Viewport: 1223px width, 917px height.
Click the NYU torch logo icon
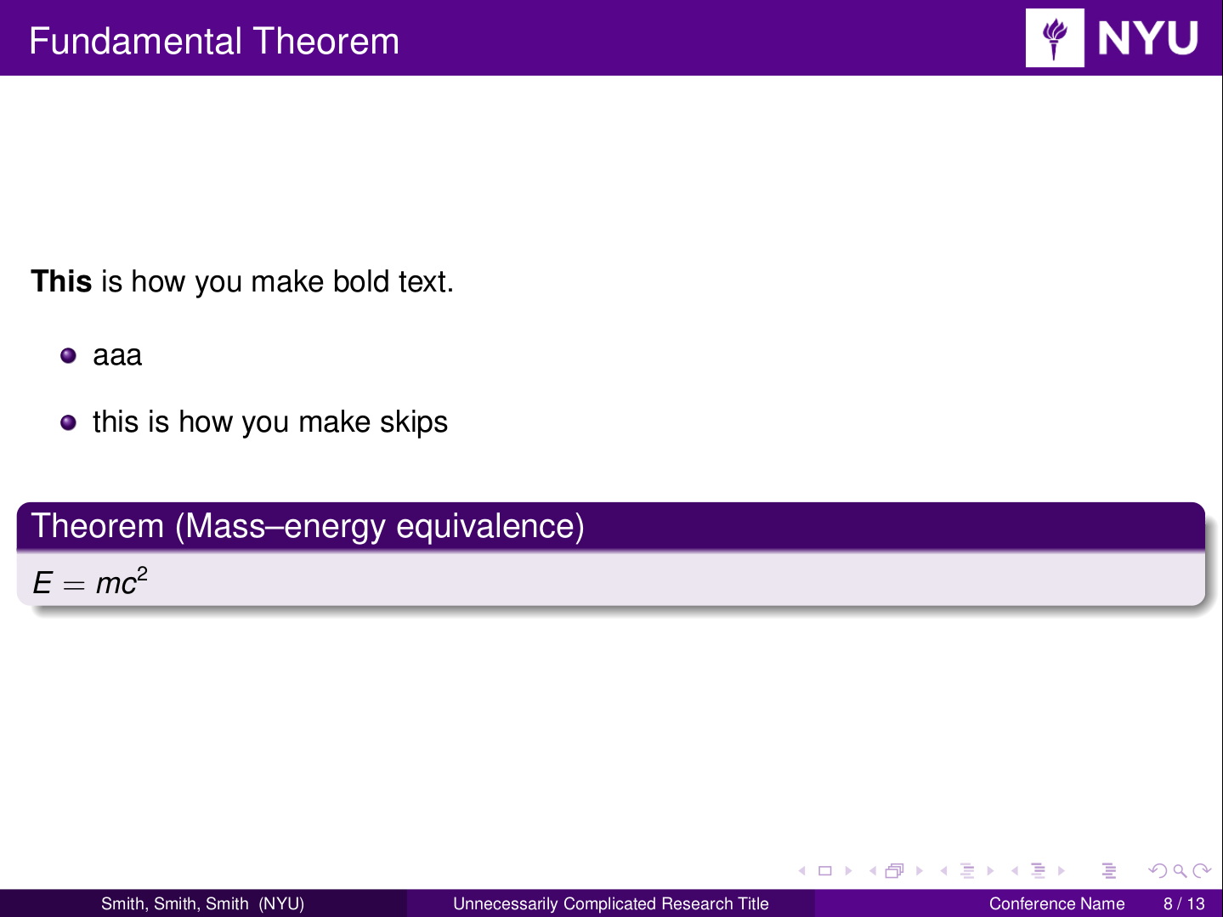coord(1054,38)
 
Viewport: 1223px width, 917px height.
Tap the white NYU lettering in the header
coord(1147,38)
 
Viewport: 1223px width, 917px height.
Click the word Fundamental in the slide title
coord(135,42)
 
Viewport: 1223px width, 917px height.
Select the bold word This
coord(61,280)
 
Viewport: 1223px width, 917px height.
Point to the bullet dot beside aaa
coord(68,355)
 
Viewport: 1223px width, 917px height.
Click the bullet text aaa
coord(117,356)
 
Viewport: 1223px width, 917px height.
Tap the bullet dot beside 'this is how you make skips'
coord(68,422)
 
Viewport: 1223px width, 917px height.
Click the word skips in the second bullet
coord(414,422)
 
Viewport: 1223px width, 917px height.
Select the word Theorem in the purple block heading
coord(98,525)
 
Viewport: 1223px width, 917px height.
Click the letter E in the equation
coord(42,583)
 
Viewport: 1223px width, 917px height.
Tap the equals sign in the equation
coord(74,586)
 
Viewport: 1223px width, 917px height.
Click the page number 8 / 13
coord(1184,903)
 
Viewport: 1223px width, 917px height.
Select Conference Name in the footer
coord(1056,903)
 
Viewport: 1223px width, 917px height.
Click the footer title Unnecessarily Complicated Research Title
coord(611,903)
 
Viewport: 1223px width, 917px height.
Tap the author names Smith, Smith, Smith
coord(175,903)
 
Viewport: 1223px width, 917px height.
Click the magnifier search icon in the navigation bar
coord(1180,871)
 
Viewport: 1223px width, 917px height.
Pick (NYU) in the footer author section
coord(281,903)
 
